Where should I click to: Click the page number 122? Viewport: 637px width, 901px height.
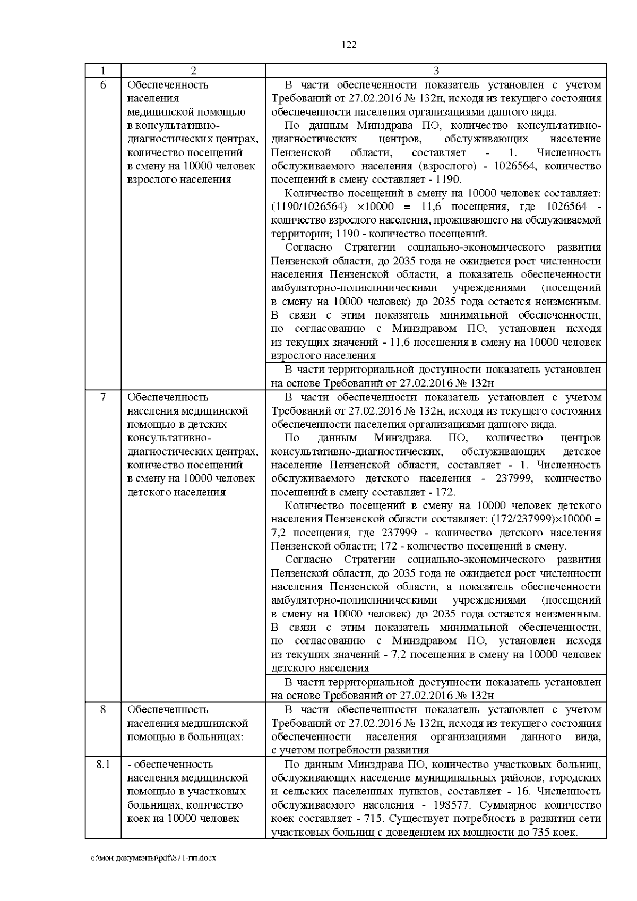348,45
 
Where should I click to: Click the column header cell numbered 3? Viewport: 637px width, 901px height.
436,71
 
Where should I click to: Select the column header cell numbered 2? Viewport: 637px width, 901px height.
193,71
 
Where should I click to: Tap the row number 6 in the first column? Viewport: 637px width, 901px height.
103,85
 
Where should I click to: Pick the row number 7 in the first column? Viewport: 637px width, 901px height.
103,397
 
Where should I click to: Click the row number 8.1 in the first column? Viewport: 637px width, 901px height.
103,764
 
